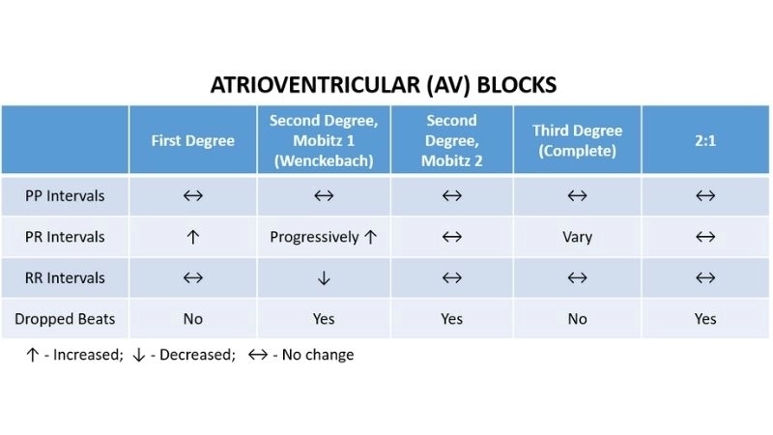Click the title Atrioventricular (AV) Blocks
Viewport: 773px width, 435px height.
[384, 85]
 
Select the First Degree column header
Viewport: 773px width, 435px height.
[193, 140]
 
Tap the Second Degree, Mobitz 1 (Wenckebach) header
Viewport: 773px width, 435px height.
[324, 140]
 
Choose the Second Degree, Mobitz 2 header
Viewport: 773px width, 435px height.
[451, 140]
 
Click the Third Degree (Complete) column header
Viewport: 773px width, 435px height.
[577, 140]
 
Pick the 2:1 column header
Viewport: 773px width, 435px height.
[705, 140]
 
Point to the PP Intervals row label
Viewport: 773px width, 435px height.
[65, 196]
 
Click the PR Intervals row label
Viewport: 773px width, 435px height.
[65, 237]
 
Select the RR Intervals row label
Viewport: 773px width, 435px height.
[65, 278]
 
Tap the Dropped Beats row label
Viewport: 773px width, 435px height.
[65, 319]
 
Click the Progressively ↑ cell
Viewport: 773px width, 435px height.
[324, 237]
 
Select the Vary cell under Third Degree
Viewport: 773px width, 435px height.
[577, 237]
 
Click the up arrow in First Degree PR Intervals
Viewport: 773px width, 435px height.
[193, 237]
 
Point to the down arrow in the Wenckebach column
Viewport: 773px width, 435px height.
[324, 278]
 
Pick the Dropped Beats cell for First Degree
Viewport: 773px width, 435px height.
[193, 319]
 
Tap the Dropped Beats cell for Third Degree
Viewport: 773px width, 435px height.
[577, 319]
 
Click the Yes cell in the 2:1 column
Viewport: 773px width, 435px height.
[705, 319]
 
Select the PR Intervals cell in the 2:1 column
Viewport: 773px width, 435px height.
[705, 237]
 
